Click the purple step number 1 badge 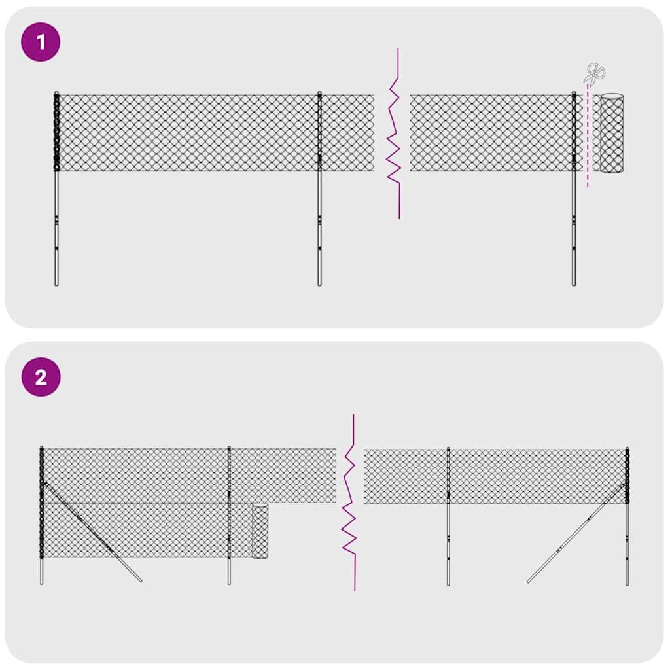pos(41,43)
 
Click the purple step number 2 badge pos(41,377)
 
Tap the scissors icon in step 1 pos(595,74)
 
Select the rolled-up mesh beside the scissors pos(612,133)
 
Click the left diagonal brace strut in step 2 pos(98,537)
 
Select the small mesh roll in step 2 pos(260,531)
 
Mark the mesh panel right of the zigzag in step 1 pos(491,133)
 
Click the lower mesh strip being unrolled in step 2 pos(144,530)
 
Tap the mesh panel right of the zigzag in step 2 pos(523,476)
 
